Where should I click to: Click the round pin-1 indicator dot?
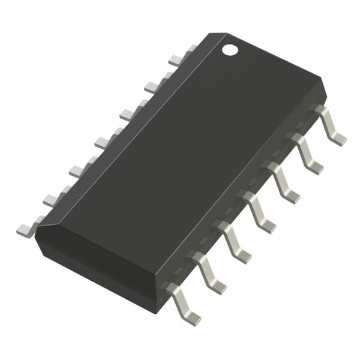point(230,49)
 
